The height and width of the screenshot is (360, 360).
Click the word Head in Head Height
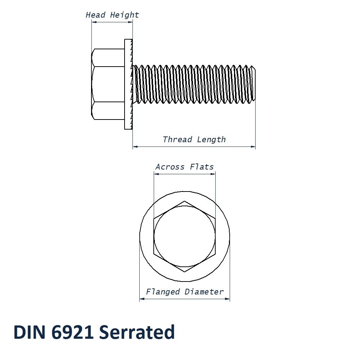point(95,15)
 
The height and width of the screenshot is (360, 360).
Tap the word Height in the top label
point(124,15)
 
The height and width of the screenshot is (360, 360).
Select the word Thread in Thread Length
point(177,140)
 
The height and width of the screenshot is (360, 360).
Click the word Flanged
point(163,292)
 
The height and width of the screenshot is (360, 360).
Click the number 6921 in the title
point(72,332)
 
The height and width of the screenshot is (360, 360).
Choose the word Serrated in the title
point(137,332)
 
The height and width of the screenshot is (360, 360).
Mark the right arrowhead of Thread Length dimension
point(253,147)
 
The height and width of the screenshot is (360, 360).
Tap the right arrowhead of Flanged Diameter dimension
point(228,299)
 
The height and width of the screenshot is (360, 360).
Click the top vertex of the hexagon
point(185,201)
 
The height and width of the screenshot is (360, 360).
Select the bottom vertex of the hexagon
point(185,272)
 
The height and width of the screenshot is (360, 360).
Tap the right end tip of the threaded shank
point(255,84)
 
